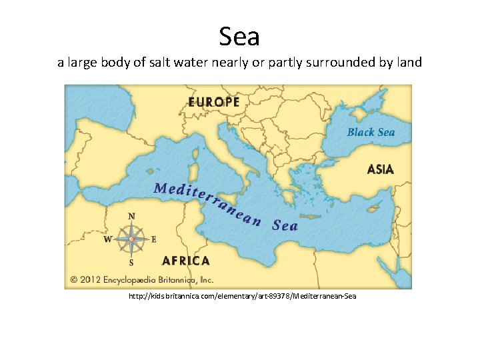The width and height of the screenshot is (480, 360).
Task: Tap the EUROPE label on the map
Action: (x=213, y=102)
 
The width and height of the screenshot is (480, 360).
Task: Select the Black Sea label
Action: (x=371, y=132)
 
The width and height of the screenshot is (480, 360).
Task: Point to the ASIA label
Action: (x=380, y=169)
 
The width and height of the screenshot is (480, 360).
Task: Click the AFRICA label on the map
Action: (x=186, y=261)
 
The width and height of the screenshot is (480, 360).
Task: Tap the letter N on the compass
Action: (x=131, y=216)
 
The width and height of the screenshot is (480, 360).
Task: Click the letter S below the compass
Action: (x=131, y=263)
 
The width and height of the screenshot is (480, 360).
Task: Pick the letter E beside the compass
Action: (x=154, y=239)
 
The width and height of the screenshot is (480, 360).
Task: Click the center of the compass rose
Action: (x=131, y=239)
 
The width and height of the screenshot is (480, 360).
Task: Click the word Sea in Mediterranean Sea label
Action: (x=285, y=225)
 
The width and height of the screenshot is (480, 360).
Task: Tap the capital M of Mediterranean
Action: (x=161, y=187)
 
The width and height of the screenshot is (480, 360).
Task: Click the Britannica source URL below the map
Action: (x=243, y=295)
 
